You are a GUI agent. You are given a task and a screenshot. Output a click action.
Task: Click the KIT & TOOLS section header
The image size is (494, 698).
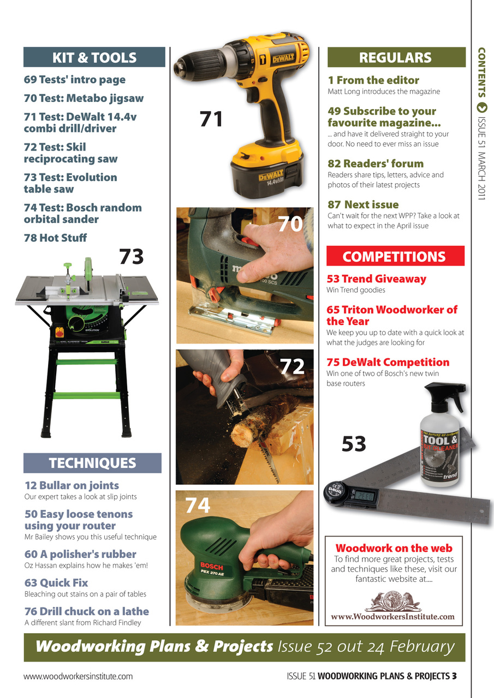(94, 57)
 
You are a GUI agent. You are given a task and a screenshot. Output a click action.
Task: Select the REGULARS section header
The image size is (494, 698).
(395, 57)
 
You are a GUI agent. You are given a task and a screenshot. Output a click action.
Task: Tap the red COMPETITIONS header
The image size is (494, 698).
(395, 256)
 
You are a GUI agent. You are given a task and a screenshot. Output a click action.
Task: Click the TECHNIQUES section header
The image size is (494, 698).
(92, 463)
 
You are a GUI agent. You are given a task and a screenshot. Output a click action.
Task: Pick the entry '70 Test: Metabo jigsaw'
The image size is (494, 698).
(84, 99)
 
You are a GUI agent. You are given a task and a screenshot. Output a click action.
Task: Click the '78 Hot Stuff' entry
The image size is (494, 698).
(55, 238)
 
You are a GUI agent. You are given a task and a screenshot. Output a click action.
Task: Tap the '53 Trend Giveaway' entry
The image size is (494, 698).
(376, 279)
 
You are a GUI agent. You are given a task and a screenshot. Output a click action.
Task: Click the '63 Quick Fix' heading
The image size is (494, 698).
(56, 582)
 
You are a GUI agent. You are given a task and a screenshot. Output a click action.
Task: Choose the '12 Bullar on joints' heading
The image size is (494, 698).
(72, 485)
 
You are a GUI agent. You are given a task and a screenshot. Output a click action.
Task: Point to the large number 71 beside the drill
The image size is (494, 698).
(211, 119)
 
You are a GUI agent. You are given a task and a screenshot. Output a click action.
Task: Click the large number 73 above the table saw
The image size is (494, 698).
(131, 256)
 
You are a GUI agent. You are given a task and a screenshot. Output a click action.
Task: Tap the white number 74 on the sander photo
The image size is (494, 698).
(198, 506)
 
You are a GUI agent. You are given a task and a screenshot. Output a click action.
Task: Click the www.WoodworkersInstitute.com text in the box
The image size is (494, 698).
(393, 617)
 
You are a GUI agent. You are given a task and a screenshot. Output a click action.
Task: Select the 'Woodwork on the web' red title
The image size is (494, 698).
(394, 548)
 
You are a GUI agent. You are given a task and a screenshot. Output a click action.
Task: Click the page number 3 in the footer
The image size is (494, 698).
(454, 676)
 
